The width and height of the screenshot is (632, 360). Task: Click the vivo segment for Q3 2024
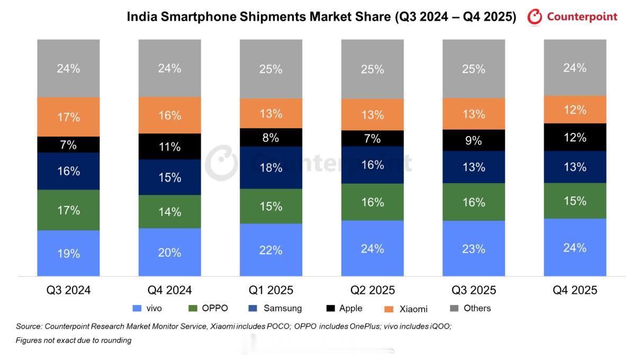click(x=68, y=253)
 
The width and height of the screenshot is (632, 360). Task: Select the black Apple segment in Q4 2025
click(x=575, y=137)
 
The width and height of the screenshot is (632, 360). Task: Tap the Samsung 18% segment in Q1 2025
click(x=270, y=167)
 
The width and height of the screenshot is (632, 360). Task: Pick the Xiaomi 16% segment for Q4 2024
click(x=169, y=115)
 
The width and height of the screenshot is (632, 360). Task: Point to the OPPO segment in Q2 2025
click(x=372, y=202)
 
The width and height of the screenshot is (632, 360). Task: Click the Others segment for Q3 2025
click(x=473, y=68)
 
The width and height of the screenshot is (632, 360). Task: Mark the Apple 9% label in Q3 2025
click(x=473, y=140)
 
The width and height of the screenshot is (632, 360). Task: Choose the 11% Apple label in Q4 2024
click(x=169, y=147)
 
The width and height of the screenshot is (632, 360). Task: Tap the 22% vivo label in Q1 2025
click(x=270, y=250)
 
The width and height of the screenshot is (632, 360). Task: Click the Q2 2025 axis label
click(x=372, y=290)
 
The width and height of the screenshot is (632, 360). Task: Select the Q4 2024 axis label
click(x=169, y=290)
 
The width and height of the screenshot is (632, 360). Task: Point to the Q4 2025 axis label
click(x=575, y=290)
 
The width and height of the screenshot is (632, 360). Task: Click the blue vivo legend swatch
click(x=137, y=308)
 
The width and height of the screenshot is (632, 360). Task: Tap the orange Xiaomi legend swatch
click(x=387, y=309)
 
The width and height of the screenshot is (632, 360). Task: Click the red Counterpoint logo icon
click(x=535, y=17)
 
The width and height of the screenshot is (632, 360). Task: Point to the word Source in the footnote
click(x=29, y=327)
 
